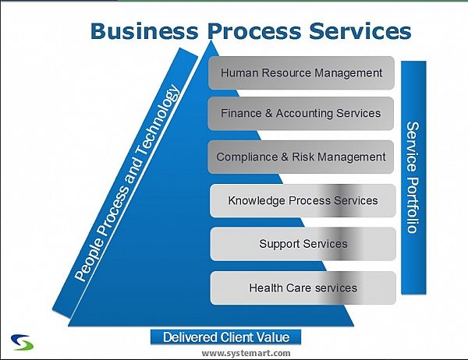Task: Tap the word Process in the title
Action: [249, 30]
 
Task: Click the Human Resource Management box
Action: [301, 73]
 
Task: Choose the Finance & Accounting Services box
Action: [301, 113]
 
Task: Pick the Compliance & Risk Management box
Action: [301, 157]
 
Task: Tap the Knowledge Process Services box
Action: [303, 200]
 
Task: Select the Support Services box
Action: [303, 244]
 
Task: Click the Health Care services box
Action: [303, 288]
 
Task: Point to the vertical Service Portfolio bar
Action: [413, 178]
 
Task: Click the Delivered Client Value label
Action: [225, 337]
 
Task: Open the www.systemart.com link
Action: [246, 353]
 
